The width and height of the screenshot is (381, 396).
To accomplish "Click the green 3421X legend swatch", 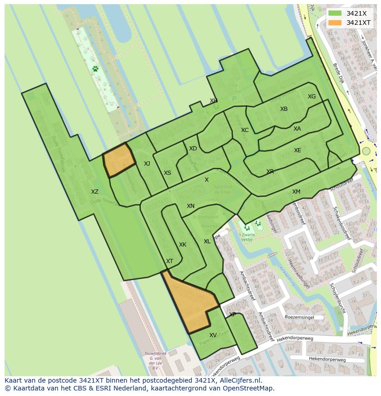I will click(x=335, y=13).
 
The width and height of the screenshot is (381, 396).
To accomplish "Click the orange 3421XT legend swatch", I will click(x=335, y=23).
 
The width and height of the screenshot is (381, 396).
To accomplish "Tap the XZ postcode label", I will click(x=94, y=192).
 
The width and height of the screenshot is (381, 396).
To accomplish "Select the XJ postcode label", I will click(x=147, y=164).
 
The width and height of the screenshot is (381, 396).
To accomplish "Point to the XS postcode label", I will click(x=167, y=173).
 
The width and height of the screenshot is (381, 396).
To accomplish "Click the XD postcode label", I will click(x=193, y=149).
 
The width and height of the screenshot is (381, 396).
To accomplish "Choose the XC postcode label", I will click(x=245, y=130).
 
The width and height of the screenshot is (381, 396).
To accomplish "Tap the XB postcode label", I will click(x=284, y=109).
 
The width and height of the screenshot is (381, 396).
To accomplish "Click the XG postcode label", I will click(x=312, y=97).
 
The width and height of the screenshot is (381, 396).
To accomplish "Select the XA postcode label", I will click(x=297, y=129).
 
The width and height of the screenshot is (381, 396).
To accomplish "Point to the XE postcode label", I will click(x=298, y=150).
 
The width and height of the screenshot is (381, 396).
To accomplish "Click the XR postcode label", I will click(x=270, y=172).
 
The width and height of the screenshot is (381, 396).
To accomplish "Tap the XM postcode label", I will click(x=296, y=192).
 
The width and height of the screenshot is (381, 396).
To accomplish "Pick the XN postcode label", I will click(x=190, y=206).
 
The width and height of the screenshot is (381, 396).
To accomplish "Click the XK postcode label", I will click(x=183, y=245).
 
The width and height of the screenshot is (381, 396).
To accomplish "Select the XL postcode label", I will click(x=207, y=241).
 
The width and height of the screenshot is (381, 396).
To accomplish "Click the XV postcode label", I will click(x=213, y=335).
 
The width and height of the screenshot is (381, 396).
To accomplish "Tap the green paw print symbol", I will click(x=95, y=69).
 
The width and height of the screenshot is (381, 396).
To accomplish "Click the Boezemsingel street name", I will click(x=299, y=317).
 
